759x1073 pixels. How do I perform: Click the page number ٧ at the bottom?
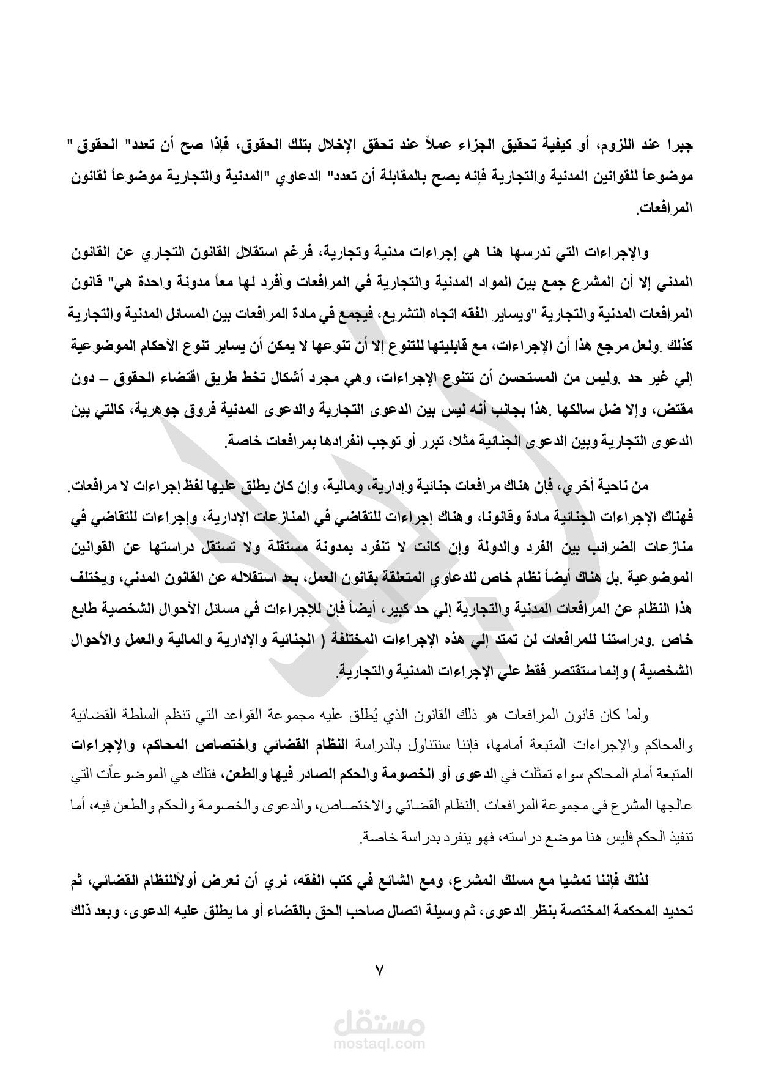pyautogui.click(x=379, y=970)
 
